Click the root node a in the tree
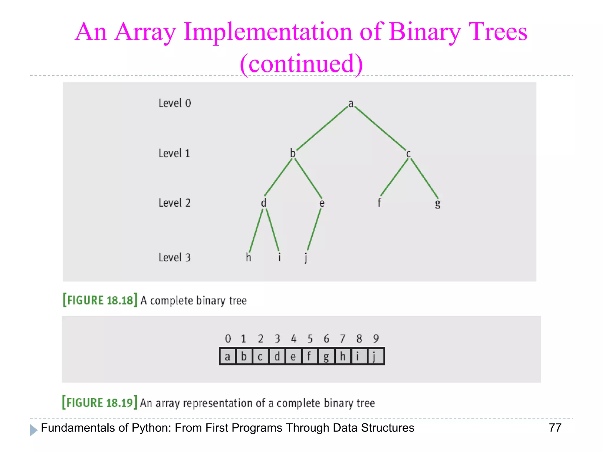point(351,104)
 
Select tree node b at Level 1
point(293,153)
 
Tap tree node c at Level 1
point(408,154)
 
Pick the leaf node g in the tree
point(438,203)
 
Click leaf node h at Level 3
point(249,257)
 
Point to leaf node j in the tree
point(306,258)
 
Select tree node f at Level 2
point(379,202)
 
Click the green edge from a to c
point(380,128)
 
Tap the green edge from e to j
point(314,230)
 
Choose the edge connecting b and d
point(278,177)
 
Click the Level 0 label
point(175,103)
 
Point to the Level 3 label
point(175,257)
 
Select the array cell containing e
point(293,356)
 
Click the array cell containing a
point(228,356)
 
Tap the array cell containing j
point(375,356)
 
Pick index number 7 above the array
point(342,339)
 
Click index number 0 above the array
point(228,339)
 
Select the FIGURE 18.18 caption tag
point(100,300)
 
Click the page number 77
point(555,428)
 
